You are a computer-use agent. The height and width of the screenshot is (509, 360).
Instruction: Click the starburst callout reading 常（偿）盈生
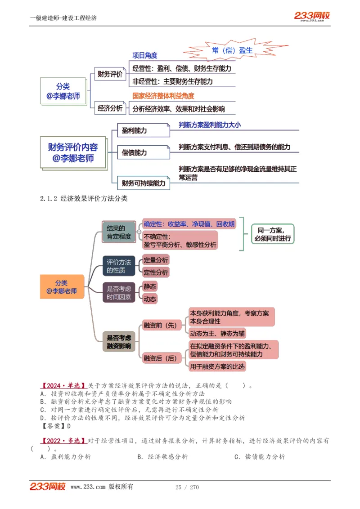click(x=232, y=50)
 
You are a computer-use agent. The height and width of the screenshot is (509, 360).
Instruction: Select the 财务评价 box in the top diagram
click(x=110, y=74)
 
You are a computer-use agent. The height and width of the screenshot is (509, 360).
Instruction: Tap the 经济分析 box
click(x=110, y=108)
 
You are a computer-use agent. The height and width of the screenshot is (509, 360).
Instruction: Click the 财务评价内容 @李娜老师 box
click(x=73, y=152)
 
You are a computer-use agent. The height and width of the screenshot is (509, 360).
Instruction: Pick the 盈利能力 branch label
click(x=135, y=130)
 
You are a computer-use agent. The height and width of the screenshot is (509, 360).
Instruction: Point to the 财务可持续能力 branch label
click(x=144, y=183)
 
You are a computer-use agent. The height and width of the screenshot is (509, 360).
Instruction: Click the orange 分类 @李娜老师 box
click(x=62, y=287)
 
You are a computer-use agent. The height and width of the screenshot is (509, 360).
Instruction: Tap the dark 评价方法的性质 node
click(x=119, y=266)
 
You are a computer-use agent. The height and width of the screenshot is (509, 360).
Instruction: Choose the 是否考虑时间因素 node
click(x=119, y=293)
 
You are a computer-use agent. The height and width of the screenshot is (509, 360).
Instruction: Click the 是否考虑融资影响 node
click(x=119, y=342)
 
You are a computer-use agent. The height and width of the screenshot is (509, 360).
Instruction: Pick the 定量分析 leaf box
click(x=156, y=260)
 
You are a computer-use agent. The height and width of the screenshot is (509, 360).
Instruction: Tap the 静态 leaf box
click(x=150, y=286)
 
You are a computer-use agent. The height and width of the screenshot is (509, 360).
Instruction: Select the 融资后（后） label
click(x=160, y=358)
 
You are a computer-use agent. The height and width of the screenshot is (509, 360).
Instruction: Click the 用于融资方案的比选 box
click(x=218, y=366)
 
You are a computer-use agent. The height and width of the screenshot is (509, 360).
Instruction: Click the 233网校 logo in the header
click(x=312, y=16)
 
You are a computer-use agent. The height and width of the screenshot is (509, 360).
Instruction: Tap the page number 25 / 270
click(x=187, y=487)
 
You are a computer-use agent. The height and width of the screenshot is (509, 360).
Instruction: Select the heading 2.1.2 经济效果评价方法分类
click(x=84, y=198)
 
